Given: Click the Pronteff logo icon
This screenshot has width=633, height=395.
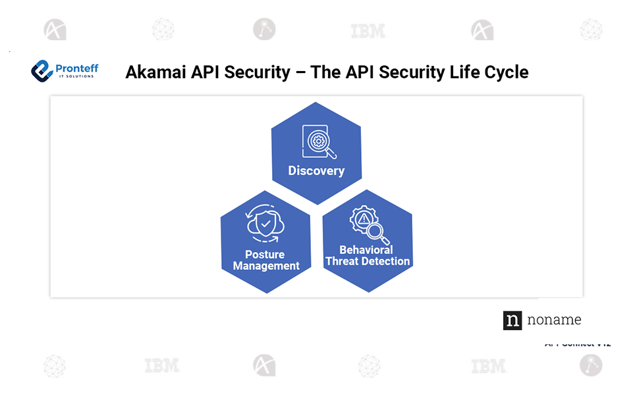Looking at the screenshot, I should [41, 70].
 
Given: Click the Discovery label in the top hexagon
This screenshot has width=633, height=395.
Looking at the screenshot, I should [316, 171].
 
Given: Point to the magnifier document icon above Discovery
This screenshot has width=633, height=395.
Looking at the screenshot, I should [318, 142].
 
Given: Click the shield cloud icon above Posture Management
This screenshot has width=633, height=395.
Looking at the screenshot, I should [265, 225].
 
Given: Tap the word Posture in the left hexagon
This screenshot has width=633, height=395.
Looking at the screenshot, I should [265, 255].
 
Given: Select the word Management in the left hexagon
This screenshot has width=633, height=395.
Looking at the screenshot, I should [266, 266].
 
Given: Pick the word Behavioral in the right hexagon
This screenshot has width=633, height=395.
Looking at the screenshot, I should [366, 250].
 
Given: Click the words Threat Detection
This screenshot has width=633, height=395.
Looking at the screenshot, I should [368, 261].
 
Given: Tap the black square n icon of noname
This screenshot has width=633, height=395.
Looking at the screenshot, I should [512, 320].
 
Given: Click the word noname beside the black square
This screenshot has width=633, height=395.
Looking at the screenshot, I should [554, 320].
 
